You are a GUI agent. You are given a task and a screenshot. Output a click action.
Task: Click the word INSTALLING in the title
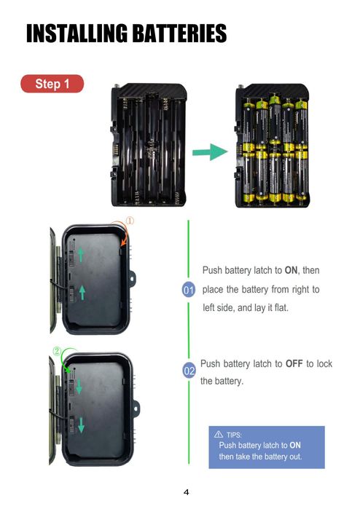[77, 33]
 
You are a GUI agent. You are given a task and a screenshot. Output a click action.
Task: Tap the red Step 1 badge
[52, 84]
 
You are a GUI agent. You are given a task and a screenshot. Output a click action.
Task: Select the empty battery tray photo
[149, 145]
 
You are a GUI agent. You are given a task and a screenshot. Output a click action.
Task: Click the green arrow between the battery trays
[210, 151]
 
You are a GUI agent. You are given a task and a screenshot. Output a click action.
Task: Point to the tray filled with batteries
[273, 146]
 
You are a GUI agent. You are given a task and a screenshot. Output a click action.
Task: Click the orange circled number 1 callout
[130, 221]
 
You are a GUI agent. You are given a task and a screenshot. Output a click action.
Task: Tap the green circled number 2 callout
[57, 351]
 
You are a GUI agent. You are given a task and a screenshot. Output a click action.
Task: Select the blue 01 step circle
[189, 290]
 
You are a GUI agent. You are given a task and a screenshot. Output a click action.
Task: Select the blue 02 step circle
[189, 371]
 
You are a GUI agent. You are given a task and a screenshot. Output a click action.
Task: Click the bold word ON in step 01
[291, 270]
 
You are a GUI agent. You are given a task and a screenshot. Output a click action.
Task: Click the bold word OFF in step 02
[294, 363]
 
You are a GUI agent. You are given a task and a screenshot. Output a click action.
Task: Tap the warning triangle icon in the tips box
[219, 434]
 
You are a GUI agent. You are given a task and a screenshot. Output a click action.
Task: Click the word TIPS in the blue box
[234, 435]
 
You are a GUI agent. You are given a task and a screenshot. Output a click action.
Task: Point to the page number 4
[186, 492]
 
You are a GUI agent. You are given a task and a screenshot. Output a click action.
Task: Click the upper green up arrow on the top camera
[80, 255]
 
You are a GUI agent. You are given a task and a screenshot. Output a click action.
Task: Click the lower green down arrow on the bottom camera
[81, 425]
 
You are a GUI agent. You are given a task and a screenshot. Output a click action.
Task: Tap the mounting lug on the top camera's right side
[132, 278]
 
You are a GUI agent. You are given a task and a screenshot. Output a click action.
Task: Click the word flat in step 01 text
[281, 307]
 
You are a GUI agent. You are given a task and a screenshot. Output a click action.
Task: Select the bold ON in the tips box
[295, 445]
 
